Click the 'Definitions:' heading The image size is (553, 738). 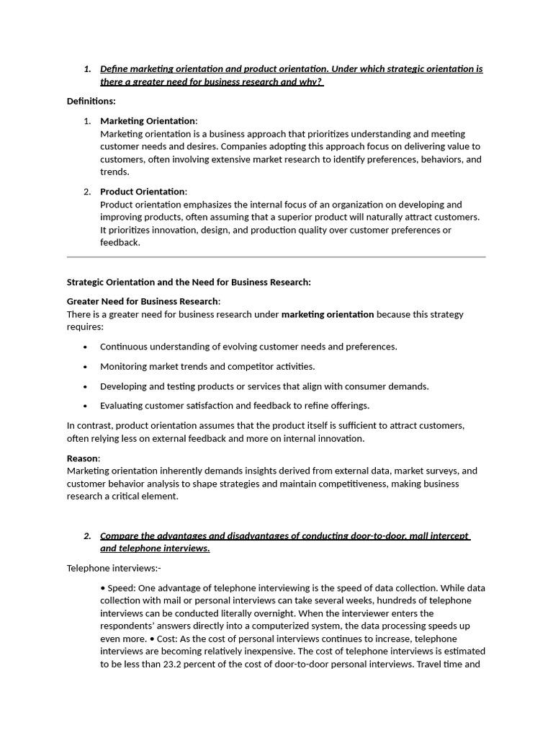[x=91, y=101]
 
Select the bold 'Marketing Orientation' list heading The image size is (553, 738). [x=147, y=120]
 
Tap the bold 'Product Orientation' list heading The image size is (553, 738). [x=142, y=191]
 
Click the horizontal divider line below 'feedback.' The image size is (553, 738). [x=276, y=257]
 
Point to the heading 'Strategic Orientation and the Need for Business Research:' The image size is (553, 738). [x=189, y=282]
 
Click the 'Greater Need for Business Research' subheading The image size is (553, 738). [x=143, y=301]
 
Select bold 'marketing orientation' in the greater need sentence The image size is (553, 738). [x=328, y=314]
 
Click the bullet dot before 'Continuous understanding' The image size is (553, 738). [x=86, y=347]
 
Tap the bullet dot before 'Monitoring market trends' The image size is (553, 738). [x=86, y=367]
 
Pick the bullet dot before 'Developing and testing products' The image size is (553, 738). [x=86, y=386]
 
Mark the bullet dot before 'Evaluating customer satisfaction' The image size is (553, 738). [x=86, y=406]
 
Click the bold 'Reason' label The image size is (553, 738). [x=82, y=458]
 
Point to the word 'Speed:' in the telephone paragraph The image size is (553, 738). [x=123, y=587]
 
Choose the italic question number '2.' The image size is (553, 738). [x=87, y=535]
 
